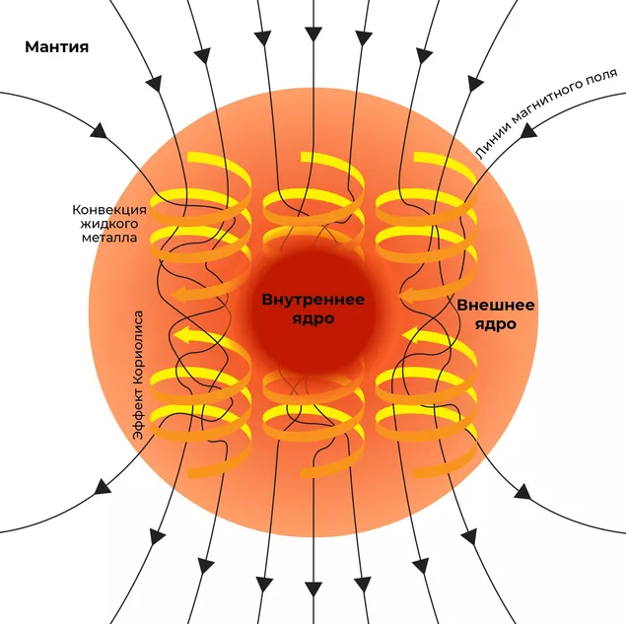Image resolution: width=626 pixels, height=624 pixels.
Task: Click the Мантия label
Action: [x=57, y=47]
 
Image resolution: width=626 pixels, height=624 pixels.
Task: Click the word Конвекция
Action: [x=109, y=210]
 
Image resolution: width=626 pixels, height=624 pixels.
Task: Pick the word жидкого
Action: [x=109, y=224]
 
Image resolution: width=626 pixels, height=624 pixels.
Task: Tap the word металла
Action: [x=109, y=238]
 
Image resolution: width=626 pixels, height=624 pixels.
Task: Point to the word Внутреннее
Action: [x=313, y=300]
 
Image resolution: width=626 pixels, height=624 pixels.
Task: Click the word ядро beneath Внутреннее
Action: [x=313, y=319]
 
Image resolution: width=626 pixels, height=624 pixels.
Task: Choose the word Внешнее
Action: [x=496, y=306]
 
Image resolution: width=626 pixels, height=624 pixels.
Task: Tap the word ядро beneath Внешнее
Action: [x=496, y=324]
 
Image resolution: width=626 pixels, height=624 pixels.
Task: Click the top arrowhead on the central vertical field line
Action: [x=313, y=34]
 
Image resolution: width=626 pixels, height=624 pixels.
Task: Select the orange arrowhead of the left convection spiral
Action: [x=178, y=295]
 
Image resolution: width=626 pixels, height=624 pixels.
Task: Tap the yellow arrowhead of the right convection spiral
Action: [x=411, y=335]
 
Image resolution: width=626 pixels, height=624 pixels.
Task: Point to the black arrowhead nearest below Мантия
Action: [x=99, y=131]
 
